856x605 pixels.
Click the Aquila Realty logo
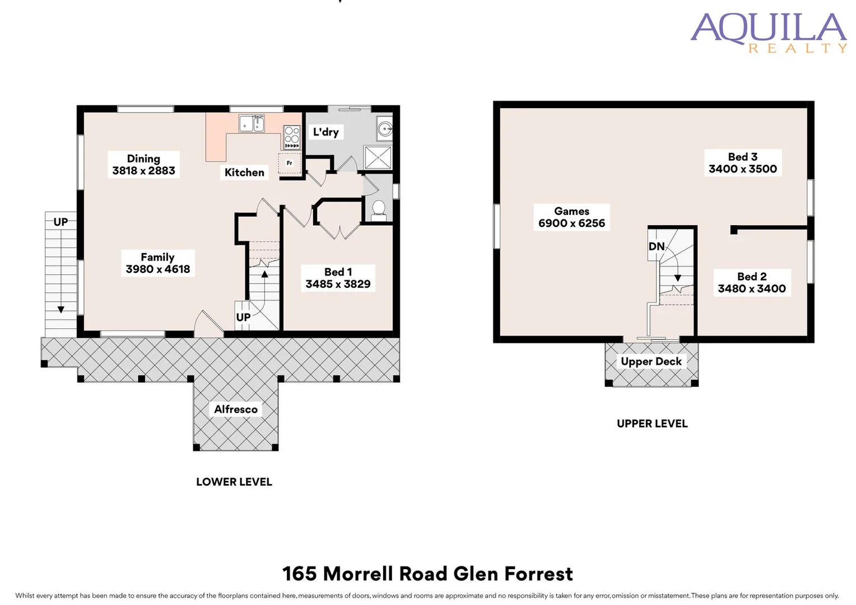(x=768, y=32)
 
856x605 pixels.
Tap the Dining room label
(x=143, y=159)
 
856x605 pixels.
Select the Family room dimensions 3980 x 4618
(x=158, y=269)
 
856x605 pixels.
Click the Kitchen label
(x=244, y=173)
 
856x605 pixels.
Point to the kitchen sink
(x=252, y=124)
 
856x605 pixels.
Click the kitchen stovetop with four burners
(x=292, y=136)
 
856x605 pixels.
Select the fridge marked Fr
(x=290, y=164)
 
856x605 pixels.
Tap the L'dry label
(x=325, y=132)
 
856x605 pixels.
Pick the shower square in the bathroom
(x=377, y=157)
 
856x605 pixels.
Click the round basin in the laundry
(x=385, y=129)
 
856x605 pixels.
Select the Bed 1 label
(x=338, y=272)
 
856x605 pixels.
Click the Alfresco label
(x=236, y=409)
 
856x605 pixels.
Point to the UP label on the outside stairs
(x=61, y=222)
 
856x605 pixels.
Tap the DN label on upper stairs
(x=656, y=246)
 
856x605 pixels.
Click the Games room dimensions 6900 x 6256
(x=571, y=224)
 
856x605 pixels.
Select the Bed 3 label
(x=742, y=157)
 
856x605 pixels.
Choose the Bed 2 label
(x=752, y=277)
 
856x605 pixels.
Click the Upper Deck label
(x=651, y=362)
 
